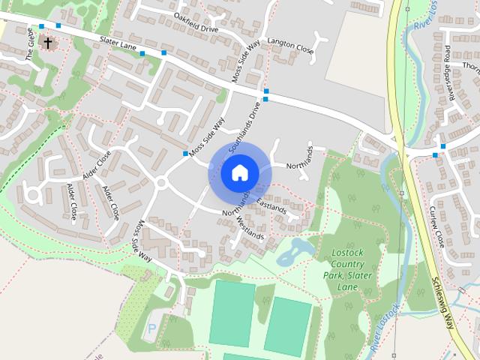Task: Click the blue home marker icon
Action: tap(239, 172)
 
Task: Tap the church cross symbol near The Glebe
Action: tap(48, 43)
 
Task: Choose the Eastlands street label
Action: tap(271, 204)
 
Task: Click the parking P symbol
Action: tap(153, 328)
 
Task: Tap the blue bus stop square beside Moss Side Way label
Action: tap(185, 154)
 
